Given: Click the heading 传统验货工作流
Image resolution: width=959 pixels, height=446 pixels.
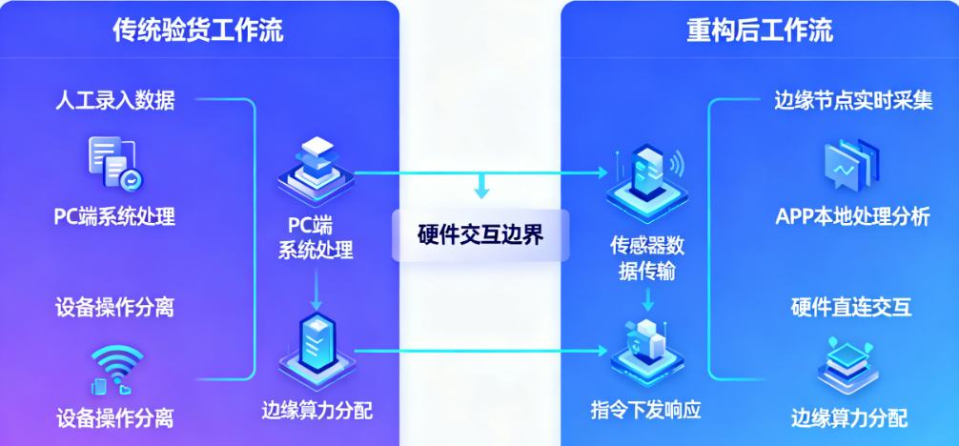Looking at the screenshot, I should [197, 30].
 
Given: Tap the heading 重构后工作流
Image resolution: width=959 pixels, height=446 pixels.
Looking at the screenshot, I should [760, 30].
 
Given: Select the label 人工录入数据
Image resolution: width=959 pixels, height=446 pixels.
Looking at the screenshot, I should [114, 99].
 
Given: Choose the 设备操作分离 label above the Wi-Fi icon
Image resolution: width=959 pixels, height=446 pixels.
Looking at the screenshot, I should [114, 307].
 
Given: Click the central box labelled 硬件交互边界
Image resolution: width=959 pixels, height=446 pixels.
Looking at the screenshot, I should [480, 234].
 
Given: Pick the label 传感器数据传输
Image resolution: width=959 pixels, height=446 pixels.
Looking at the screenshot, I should [647, 258].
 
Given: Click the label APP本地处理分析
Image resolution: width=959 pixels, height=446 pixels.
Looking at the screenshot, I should [852, 217].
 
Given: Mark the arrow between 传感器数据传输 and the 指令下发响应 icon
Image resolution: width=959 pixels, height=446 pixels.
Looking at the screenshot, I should [647, 299].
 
